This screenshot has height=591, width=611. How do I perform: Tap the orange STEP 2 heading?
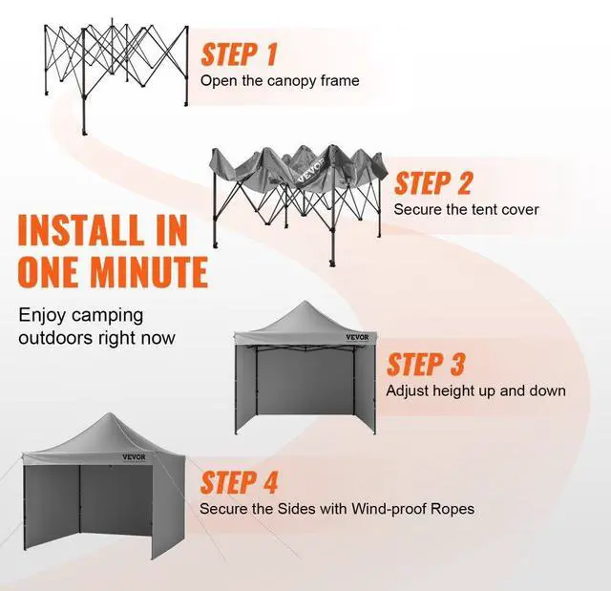pyautogui.click(x=433, y=183)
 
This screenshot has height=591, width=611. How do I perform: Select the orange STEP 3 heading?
pyautogui.click(x=426, y=364)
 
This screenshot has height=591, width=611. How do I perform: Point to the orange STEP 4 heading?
pyautogui.click(x=240, y=482)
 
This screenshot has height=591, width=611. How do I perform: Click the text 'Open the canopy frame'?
pyautogui.click(x=280, y=80)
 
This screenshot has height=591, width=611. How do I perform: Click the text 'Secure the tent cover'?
pyautogui.click(x=466, y=209)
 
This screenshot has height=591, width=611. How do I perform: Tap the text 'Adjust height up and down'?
pyautogui.click(x=475, y=390)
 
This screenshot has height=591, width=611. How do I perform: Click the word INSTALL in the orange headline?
pyautogui.click(x=78, y=232)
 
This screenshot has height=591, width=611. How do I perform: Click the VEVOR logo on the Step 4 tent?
pyautogui.click(x=136, y=456)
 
